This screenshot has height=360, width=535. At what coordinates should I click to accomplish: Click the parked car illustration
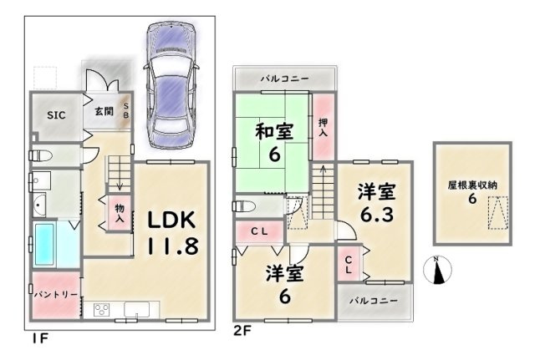click(171, 85)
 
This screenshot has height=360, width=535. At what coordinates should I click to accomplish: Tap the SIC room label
click(56, 115)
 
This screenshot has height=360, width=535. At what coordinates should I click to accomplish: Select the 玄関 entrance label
click(104, 111)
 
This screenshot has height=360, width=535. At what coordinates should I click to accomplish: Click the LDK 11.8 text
click(172, 233)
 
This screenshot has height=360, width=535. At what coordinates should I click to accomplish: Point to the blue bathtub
click(44, 243)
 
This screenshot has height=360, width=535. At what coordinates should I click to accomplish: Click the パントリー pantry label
click(56, 294)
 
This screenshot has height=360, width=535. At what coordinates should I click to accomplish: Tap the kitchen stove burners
click(102, 310)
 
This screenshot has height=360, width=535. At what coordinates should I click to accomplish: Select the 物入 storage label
click(120, 213)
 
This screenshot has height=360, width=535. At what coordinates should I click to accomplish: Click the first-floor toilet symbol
click(40, 156)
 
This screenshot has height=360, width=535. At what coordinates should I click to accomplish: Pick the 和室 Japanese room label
click(275, 132)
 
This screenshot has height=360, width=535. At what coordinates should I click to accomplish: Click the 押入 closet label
click(323, 128)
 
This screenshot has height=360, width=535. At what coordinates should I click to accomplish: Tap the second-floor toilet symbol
click(243, 206)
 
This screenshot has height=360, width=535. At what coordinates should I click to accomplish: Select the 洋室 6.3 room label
click(377, 202)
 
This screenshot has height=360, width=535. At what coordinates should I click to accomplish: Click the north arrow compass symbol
click(437, 270)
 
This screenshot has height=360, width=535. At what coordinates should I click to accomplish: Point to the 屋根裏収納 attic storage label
click(472, 185)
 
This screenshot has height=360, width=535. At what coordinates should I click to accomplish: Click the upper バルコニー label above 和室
click(285, 79)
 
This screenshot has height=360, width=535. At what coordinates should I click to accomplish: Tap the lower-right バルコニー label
click(374, 301)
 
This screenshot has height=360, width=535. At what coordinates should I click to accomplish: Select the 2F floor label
click(242, 330)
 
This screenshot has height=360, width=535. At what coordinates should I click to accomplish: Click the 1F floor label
click(40, 337)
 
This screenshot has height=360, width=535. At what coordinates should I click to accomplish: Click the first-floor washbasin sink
click(39, 205)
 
